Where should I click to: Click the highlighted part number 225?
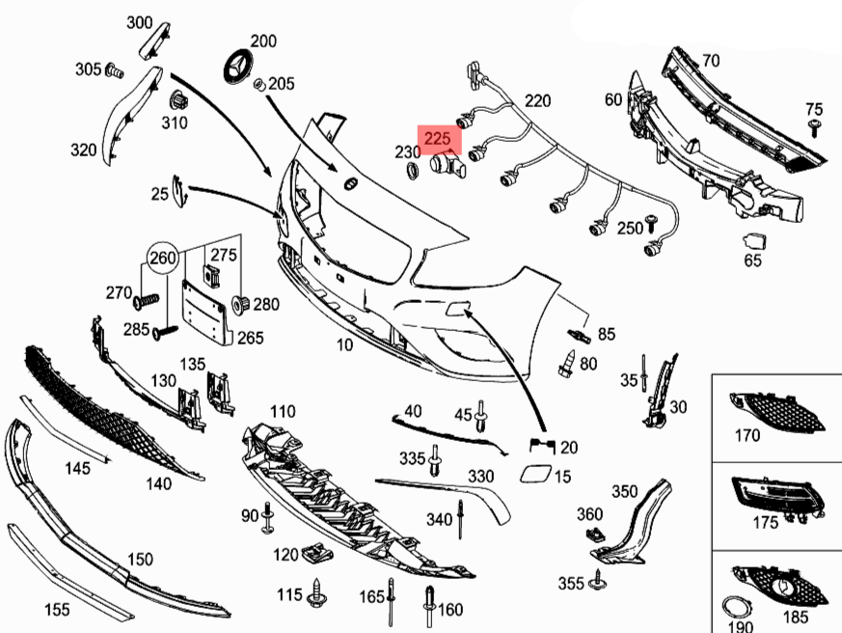437,138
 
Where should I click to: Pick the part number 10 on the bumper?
344,344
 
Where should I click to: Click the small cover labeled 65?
753,241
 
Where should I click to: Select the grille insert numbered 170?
777,410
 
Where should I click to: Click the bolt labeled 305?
113,70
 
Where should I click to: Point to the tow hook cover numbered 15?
532,475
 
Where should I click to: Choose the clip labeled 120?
312,554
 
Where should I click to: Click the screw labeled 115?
316,595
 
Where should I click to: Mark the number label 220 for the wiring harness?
537,100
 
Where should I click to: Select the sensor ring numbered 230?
411,172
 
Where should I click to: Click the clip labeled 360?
591,533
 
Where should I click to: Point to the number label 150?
140,560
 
